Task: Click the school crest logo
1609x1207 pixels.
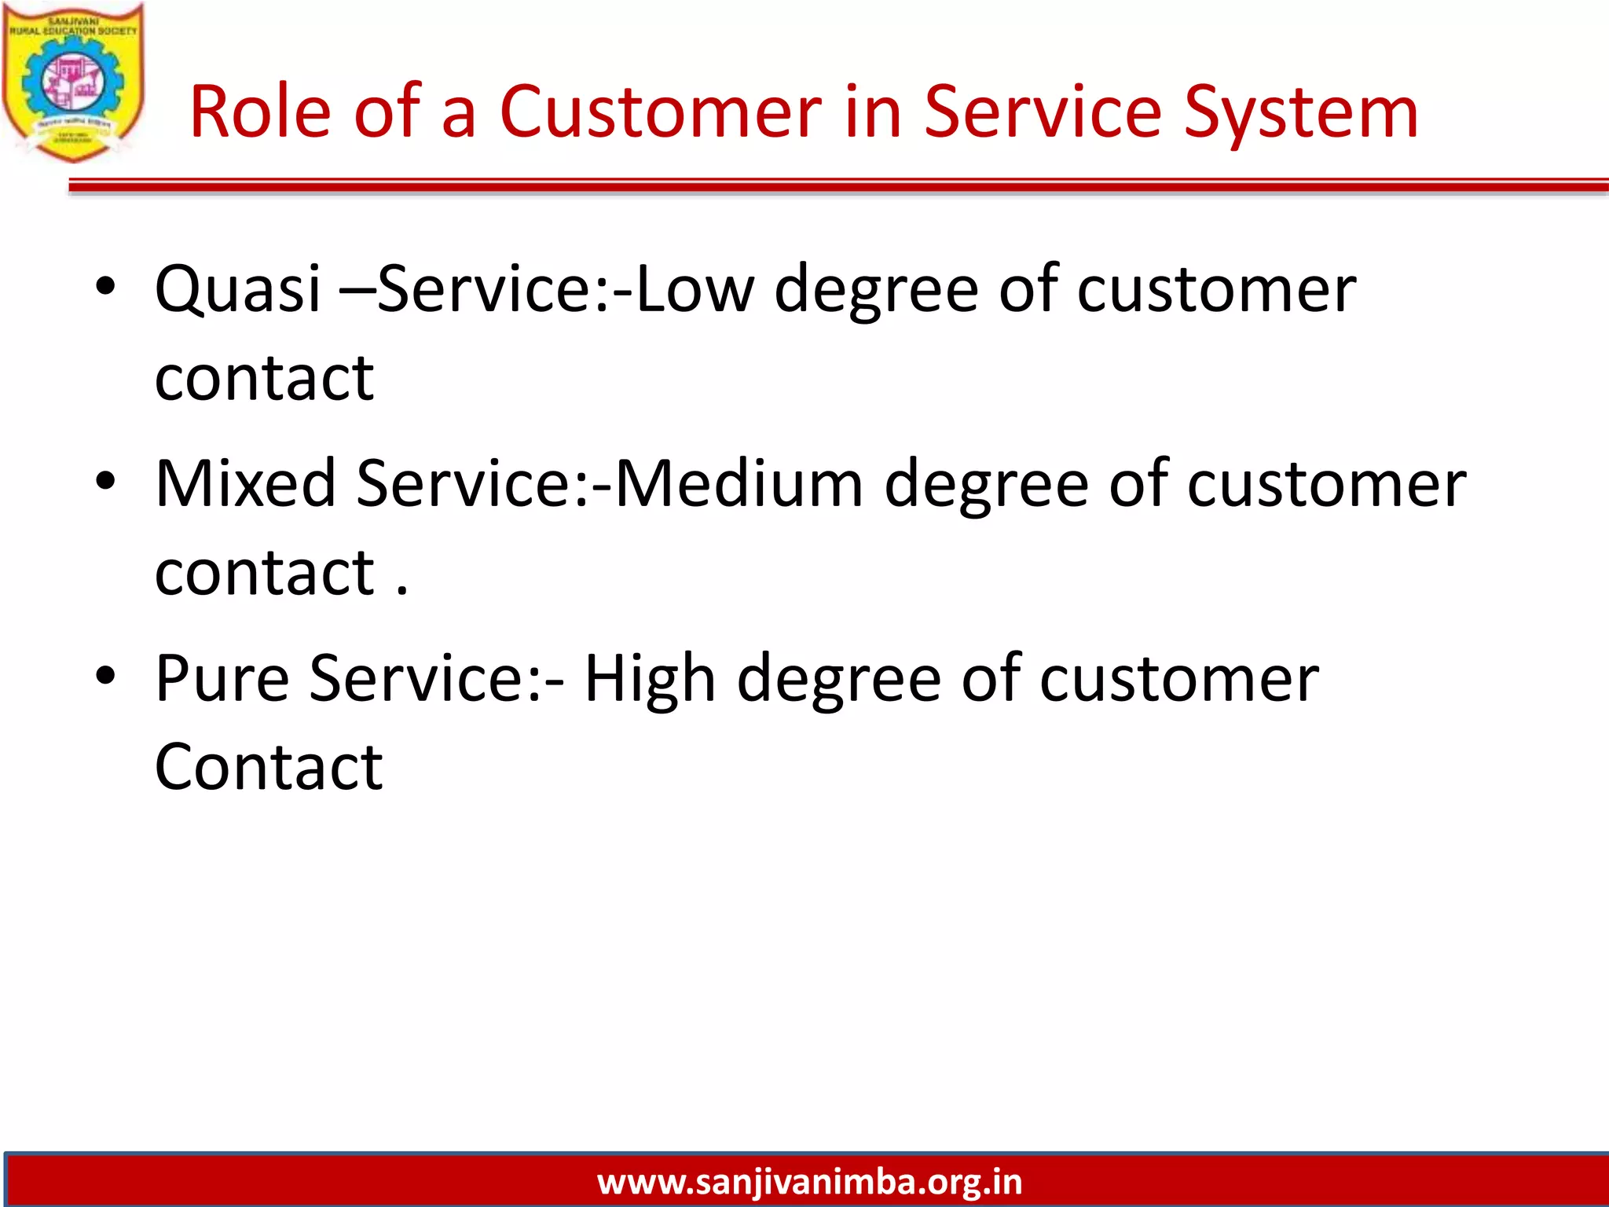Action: point(73,83)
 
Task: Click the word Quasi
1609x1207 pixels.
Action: point(238,289)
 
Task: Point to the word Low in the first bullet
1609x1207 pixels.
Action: point(695,289)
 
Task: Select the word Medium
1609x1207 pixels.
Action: point(739,483)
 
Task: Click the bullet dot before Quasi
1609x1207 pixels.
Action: point(105,286)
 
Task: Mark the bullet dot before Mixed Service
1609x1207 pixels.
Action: point(105,480)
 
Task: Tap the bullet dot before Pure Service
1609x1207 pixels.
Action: point(105,675)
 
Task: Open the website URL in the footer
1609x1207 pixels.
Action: point(809,1182)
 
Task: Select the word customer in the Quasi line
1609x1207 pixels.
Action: point(1216,289)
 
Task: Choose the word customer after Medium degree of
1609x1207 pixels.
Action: point(1326,483)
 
